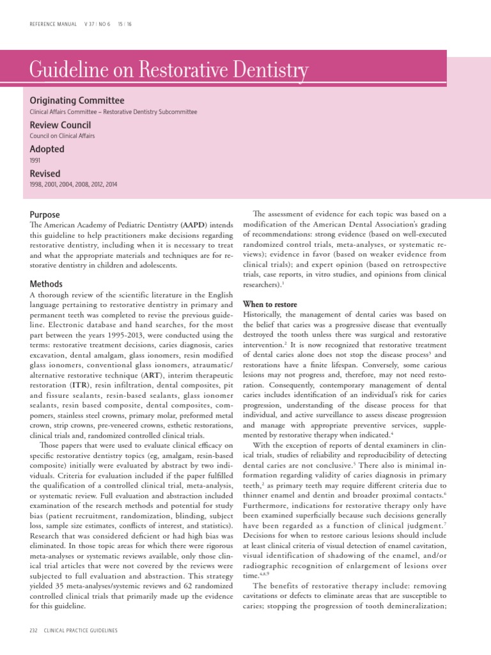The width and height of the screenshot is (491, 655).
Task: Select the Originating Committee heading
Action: pyautogui.click(x=77, y=100)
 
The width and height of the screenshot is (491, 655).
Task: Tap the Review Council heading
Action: pyautogui.click(x=61, y=125)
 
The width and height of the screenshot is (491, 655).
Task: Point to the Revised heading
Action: pyautogui.click(x=45, y=173)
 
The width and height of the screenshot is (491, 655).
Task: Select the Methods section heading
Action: pyautogui.click(x=46, y=283)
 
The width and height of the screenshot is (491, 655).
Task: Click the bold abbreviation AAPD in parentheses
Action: pyautogui.click(x=194, y=226)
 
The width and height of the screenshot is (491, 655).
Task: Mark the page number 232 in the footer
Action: pyautogui.click(x=35, y=631)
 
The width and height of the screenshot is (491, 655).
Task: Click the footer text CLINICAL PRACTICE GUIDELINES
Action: pyautogui.click(x=81, y=631)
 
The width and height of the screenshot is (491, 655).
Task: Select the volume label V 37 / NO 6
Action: pyautogui.click(x=97, y=24)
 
